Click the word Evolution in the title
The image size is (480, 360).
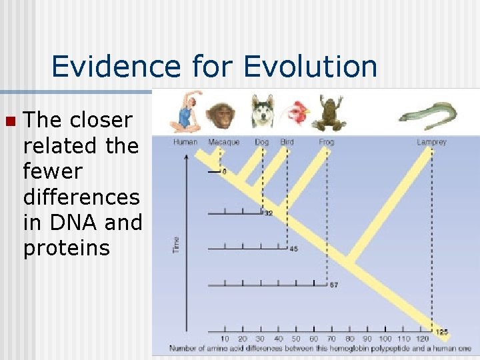[311, 67]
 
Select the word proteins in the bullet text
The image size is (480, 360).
[66, 248]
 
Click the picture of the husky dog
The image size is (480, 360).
[263, 111]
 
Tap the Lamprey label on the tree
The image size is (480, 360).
[431, 142]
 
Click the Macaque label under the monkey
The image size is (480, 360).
[223, 142]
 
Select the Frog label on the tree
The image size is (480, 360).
[327, 142]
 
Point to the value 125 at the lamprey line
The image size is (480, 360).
[441, 331]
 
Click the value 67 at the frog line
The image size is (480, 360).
[334, 285]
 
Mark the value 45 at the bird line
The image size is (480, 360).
[294, 249]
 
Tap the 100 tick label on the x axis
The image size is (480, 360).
[385, 339]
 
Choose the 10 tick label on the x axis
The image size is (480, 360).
[225, 339]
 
